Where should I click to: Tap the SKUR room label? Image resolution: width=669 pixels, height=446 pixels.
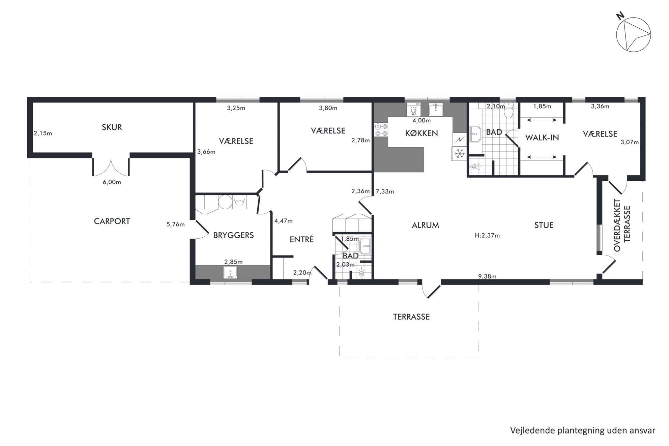pos(112,127)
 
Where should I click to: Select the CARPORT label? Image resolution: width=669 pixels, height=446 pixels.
pos(112,221)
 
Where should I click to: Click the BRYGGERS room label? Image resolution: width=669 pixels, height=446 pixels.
pos(233,235)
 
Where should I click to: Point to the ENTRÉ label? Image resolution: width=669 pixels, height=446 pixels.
pos(302,239)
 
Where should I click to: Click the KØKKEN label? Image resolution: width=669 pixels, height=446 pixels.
pos(421,133)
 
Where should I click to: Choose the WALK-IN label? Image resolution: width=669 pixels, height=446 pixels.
pos(542,138)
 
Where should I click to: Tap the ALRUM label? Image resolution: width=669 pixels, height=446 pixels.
pos(426,225)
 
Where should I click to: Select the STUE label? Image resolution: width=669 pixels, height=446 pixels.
pos(544,225)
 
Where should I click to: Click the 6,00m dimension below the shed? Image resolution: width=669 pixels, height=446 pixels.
pos(112,182)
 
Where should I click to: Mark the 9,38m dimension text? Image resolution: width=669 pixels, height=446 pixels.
pos(487,277)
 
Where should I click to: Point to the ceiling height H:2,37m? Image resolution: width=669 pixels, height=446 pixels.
pos(487,236)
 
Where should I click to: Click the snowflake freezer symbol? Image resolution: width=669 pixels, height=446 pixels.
pos(459,154)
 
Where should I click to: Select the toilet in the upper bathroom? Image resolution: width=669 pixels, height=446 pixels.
pos(508,109)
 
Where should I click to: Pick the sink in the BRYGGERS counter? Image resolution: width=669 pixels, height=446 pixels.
pos(230,272)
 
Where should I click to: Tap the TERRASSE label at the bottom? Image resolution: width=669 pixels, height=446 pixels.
pos(411,317)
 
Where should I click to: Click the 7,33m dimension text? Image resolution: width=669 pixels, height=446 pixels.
pos(385,192)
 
